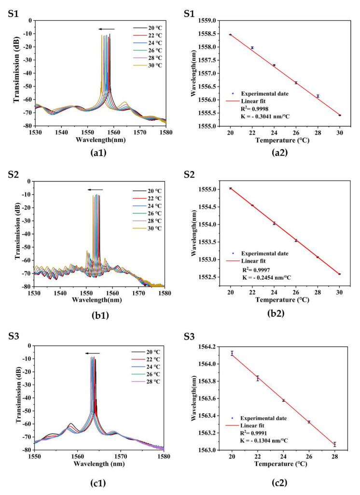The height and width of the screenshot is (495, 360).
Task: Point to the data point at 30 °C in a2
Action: coord(340,115)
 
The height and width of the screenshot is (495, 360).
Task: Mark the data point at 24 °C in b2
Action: coord(274,223)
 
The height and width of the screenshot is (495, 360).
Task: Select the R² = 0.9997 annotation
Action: coord(257,269)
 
